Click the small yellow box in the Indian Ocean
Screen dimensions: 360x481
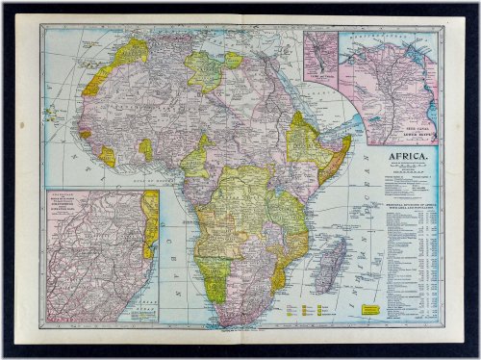tap(367, 308)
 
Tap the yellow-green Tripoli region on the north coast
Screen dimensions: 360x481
tap(204, 69)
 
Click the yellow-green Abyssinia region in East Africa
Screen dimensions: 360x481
tap(306, 142)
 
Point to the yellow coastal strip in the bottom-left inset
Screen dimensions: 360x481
tap(150, 221)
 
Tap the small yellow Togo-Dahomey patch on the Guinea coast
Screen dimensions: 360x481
tap(145, 149)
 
